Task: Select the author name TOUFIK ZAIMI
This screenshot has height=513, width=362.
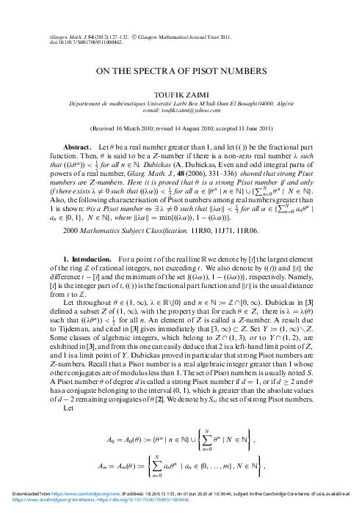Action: (181, 95)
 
